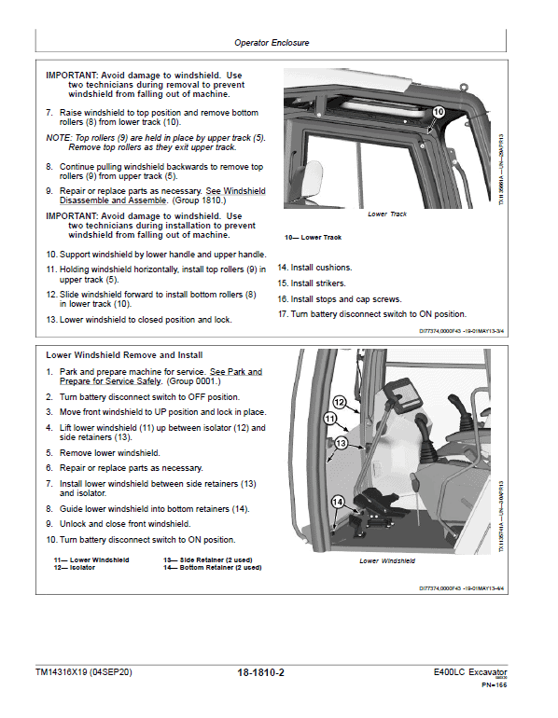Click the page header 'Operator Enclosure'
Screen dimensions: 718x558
(x=272, y=43)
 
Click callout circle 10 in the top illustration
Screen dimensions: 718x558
(x=438, y=112)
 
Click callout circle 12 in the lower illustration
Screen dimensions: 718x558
(x=340, y=402)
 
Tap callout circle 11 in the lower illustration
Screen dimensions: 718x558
(x=329, y=420)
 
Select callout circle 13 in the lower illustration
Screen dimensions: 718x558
(x=342, y=442)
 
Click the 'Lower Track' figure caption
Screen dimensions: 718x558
(x=387, y=214)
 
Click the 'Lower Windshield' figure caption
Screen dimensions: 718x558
(x=387, y=561)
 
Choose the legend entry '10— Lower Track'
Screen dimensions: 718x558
(x=313, y=238)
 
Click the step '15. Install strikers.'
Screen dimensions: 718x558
(x=312, y=283)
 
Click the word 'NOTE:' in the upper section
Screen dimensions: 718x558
(x=61, y=137)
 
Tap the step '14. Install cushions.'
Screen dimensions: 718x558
(x=314, y=268)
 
